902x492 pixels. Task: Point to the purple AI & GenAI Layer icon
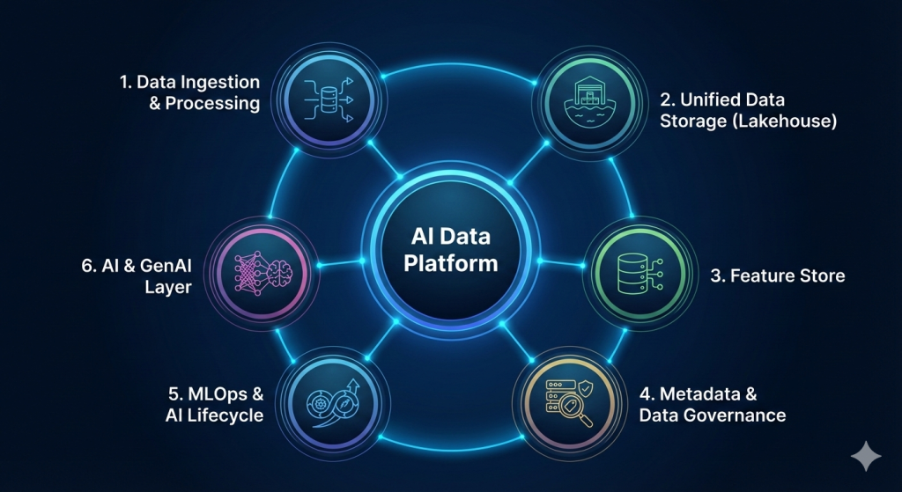[x=265, y=268]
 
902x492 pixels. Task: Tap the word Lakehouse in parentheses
[x=787, y=121]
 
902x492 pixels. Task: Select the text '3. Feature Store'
[x=777, y=276]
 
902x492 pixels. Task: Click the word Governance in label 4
[x=743, y=415]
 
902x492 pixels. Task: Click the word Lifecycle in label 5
[x=224, y=414]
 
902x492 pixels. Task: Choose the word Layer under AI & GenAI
[x=169, y=287]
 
